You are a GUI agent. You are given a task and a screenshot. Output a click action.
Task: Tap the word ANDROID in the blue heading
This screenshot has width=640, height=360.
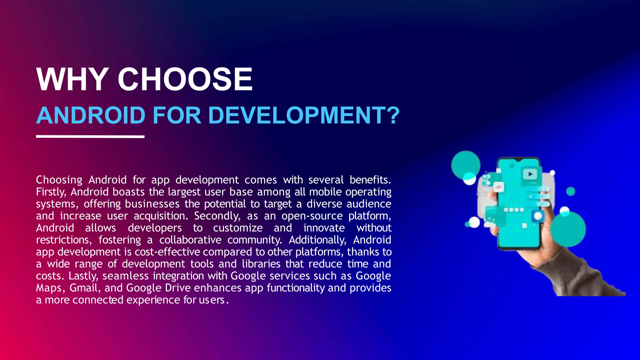click(x=91, y=115)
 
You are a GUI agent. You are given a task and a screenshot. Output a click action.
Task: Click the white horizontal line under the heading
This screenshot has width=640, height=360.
click(x=90, y=137)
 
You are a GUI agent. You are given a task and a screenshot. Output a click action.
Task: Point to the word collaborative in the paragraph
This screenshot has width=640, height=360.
click(x=190, y=240)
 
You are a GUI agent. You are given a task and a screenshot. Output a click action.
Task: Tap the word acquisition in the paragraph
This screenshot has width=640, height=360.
click(x=161, y=216)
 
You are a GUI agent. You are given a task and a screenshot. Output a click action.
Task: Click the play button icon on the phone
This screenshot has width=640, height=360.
click(x=530, y=174)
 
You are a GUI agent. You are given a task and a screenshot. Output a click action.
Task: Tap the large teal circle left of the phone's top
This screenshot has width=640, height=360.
click(x=466, y=165)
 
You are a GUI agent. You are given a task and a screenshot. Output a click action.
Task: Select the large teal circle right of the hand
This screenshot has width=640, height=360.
click(x=568, y=229)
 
